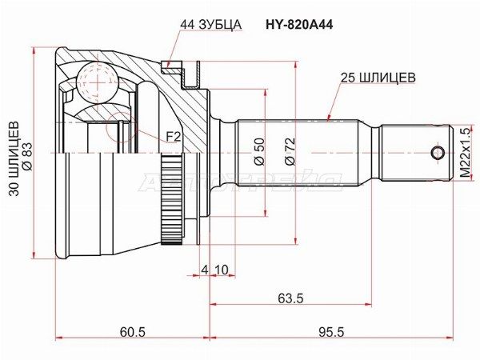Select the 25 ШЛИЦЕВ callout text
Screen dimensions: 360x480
376,79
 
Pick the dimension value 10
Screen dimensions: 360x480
221,269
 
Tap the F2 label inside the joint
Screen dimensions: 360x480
173,138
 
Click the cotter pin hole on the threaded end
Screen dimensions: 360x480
437,152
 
